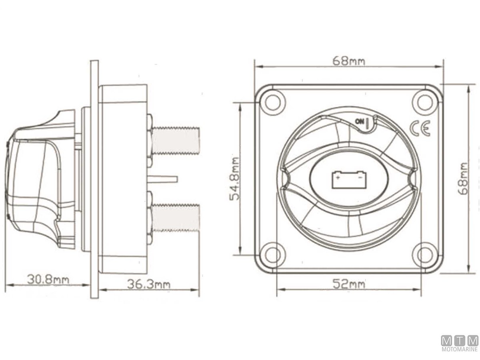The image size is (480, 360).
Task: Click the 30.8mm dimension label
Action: pyautogui.click(x=48, y=279)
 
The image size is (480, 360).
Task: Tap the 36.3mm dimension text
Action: pyautogui.click(x=148, y=284)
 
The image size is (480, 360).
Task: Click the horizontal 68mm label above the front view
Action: pyautogui.click(x=349, y=61)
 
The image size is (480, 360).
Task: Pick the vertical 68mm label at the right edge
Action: pyautogui.click(x=464, y=178)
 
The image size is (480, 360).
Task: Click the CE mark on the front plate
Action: pyautogui.click(x=420, y=129)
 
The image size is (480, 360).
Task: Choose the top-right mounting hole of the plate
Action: pyautogui.click(x=424, y=100)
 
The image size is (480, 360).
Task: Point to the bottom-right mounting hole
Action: pyautogui.click(x=424, y=255)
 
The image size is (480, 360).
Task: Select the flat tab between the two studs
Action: pyautogui.click(x=162, y=179)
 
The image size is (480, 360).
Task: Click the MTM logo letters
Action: pyautogui.click(x=460, y=341)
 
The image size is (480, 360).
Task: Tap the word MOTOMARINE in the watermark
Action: pyautogui.click(x=460, y=349)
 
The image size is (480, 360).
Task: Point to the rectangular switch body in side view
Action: pyautogui.click(x=122, y=178)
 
